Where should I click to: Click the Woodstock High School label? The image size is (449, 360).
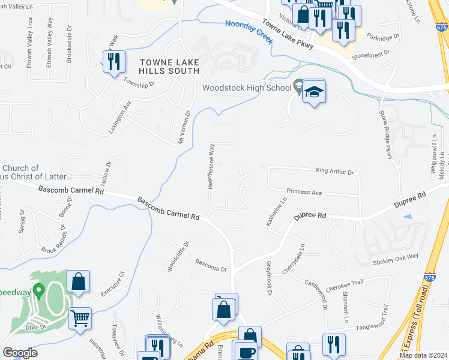(246, 88)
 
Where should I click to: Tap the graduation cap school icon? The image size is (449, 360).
(313, 92)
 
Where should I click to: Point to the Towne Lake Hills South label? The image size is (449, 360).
(169, 67)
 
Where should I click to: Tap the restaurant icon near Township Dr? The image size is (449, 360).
(112, 61)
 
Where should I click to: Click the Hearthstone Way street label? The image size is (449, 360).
(211, 166)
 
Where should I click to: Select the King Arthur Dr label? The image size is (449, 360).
(335, 172)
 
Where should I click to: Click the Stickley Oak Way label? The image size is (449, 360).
(395, 261)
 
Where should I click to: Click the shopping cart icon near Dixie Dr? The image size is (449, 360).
(80, 318)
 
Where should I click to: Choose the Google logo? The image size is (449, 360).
(20, 353)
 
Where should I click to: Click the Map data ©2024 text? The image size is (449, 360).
(423, 355)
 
